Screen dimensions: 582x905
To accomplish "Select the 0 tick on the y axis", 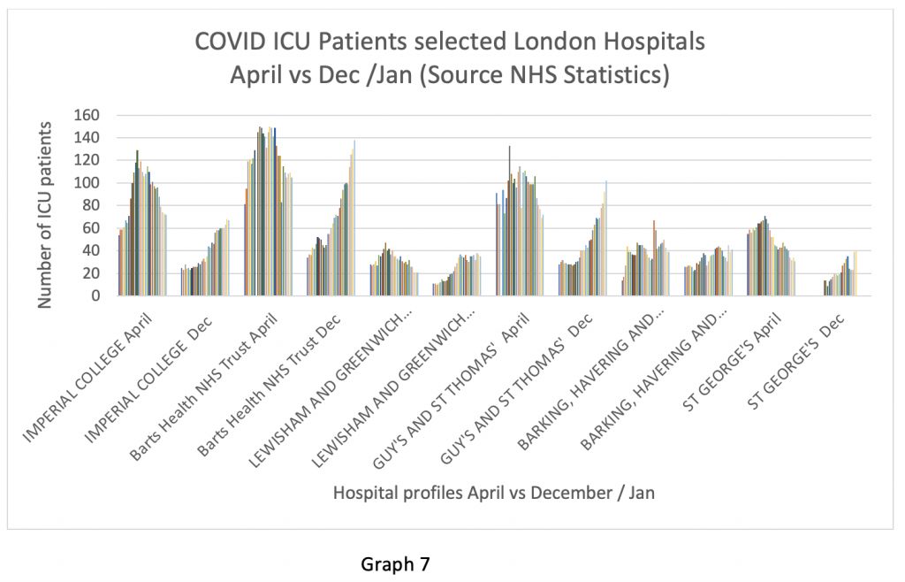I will tap(99, 295).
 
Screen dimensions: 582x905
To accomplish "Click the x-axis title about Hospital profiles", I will tap(494, 493).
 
